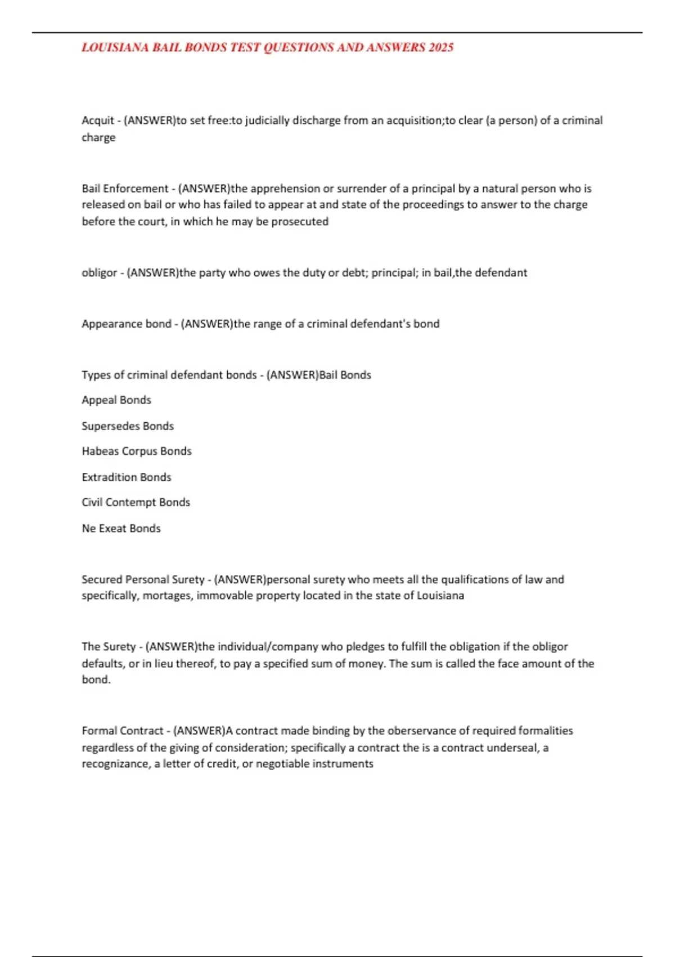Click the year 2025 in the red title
(441, 48)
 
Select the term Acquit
(98, 120)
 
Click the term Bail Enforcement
(125, 189)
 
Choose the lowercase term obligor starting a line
(100, 273)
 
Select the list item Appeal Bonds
(116, 400)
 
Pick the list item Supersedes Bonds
(128, 426)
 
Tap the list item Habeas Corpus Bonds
(137, 451)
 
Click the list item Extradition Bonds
(127, 477)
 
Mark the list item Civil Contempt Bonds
(136, 503)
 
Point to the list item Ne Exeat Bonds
(121, 529)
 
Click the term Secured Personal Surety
(143, 580)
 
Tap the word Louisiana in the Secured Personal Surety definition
(440, 596)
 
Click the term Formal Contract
(123, 731)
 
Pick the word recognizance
(115, 764)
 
